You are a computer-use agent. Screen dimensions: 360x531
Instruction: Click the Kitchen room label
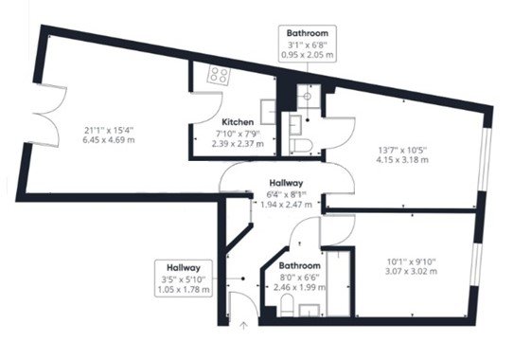click(237, 123)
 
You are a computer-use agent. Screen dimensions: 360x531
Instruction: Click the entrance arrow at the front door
click(244, 327)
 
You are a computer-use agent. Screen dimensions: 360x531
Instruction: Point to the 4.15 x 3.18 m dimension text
click(402, 160)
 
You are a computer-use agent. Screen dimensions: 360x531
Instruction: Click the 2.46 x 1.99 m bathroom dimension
click(299, 285)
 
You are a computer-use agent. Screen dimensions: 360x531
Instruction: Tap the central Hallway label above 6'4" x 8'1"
click(286, 183)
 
